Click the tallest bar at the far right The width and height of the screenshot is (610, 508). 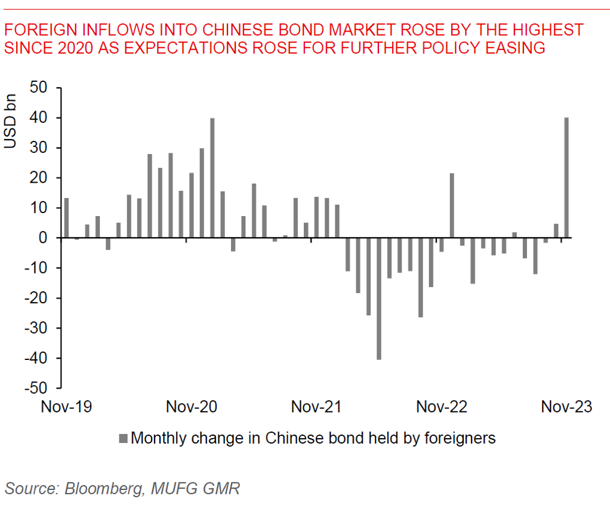pyautogui.click(x=566, y=178)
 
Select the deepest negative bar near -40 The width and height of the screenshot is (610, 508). pyautogui.click(x=378, y=298)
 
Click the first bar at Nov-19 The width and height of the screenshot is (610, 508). pyautogui.click(x=66, y=218)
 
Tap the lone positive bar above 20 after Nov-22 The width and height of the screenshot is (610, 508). pyautogui.click(x=452, y=205)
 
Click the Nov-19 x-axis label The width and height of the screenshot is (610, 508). pyautogui.click(x=66, y=407)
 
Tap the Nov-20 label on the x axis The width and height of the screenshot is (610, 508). pyautogui.click(x=192, y=407)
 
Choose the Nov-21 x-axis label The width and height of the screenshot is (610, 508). pyautogui.click(x=316, y=407)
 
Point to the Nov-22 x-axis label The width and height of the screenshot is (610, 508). pyautogui.click(x=442, y=407)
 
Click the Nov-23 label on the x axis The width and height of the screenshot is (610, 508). pyautogui.click(x=566, y=407)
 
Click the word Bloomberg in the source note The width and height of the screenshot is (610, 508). pyautogui.click(x=103, y=489)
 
